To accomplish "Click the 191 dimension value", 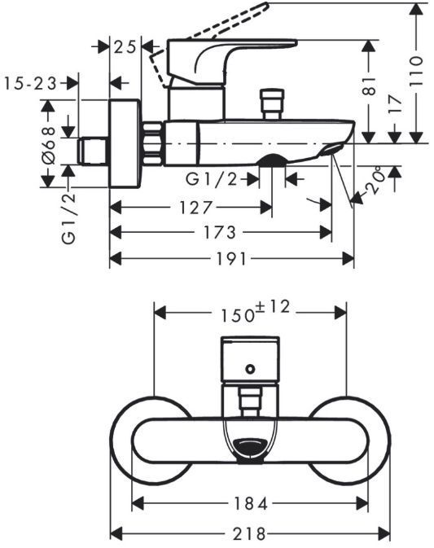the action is click(x=231, y=259).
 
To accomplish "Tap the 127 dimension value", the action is click(x=196, y=208).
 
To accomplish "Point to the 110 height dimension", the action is click(x=416, y=71).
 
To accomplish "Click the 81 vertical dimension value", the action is click(x=369, y=86).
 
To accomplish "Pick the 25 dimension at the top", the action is click(x=125, y=47).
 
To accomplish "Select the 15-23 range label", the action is click(x=30, y=84).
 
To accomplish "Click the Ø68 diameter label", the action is click(x=49, y=146).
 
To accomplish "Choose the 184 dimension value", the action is click(x=251, y=503).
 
